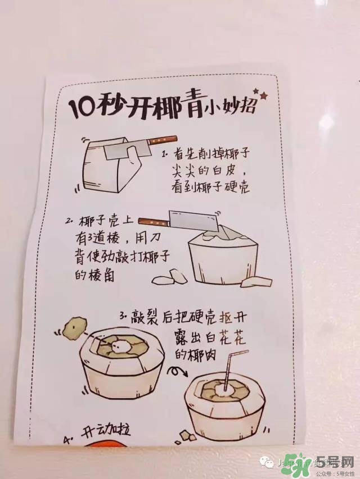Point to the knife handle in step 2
click(x=154, y=220)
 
